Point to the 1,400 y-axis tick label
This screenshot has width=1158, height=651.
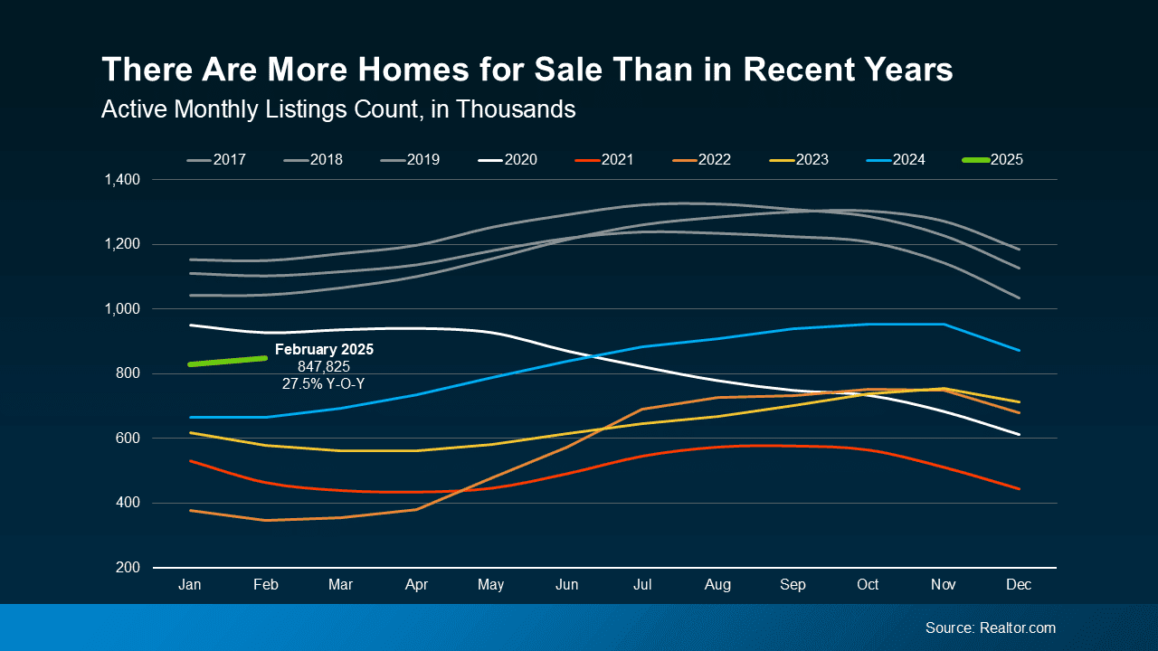point(121,180)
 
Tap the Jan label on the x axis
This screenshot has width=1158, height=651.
point(190,585)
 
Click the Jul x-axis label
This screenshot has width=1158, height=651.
point(642,585)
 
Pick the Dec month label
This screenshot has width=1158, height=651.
point(1019,585)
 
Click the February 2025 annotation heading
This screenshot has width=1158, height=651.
point(324,349)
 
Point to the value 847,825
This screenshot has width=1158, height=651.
point(324,366)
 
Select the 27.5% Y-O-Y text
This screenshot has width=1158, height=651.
point(324,383)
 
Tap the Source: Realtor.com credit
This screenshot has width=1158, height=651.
point(990,627)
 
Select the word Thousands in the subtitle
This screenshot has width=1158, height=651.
point(516,109)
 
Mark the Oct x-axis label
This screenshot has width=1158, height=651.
point(868,585)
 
